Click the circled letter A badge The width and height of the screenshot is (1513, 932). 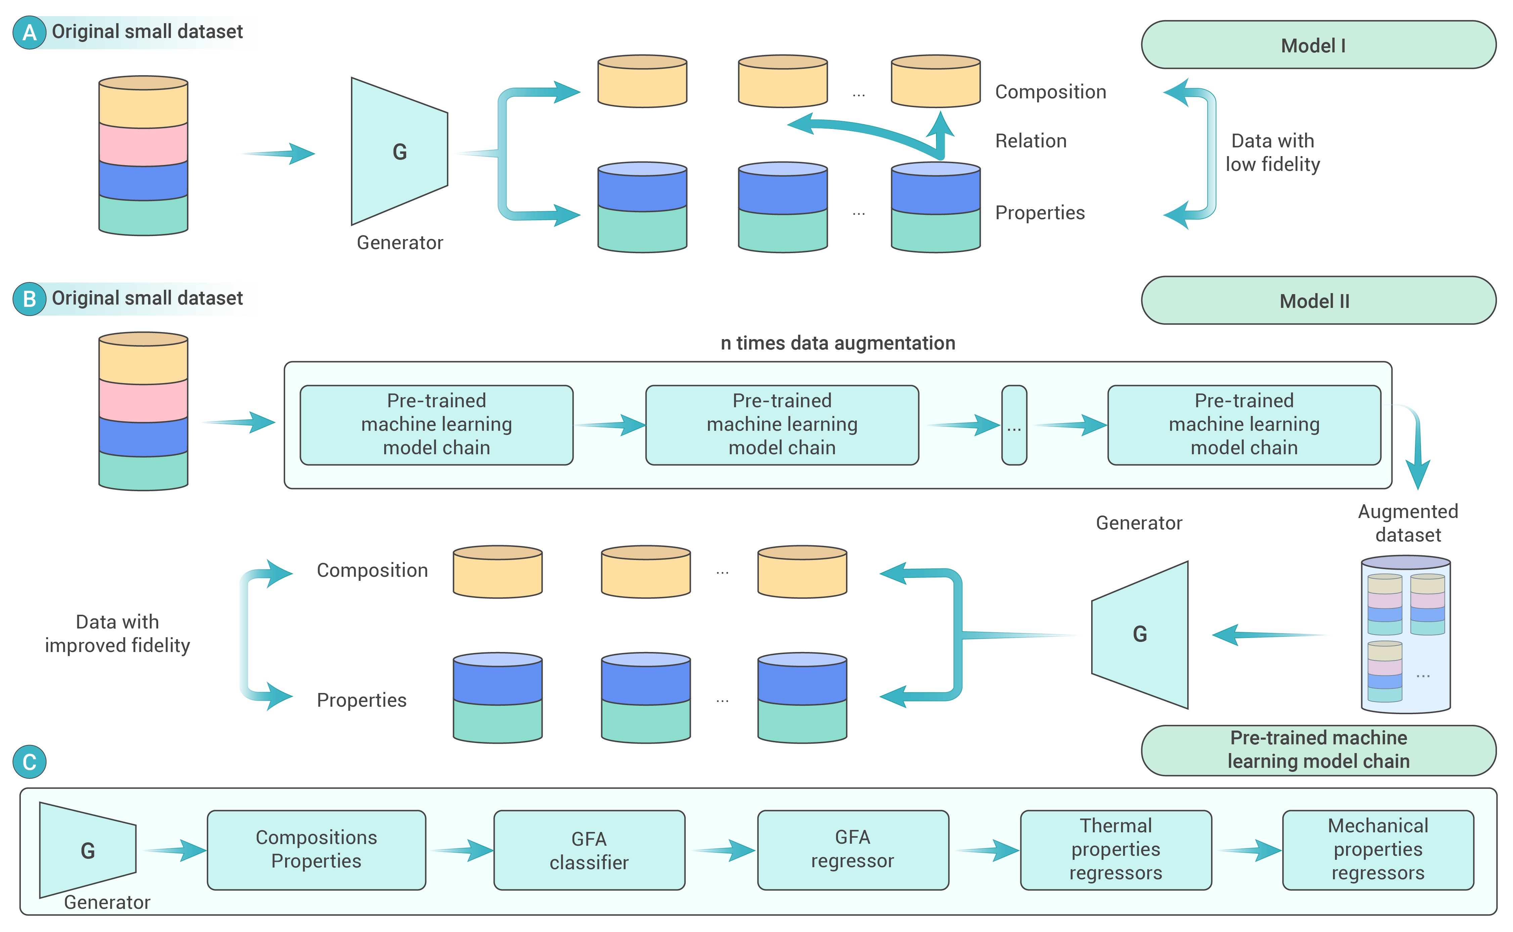pyautogui.click(x=29, y=32)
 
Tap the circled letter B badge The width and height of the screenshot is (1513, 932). pyautogui.click(x=29, y=299)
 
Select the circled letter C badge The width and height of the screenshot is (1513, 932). pyautogui.click(x=29, y=762)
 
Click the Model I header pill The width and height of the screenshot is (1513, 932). pyautogui.click(x=1318, y=45)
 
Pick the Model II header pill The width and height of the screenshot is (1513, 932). pyautogui.click(x=1318, y=301)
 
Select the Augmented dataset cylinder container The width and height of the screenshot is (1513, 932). pyautogui.click(x=1405, y=635)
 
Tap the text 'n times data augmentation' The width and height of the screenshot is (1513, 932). pyautogui.click(x=838, y=343)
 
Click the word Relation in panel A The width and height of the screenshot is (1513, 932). pyautogui.click(x=1030, y=141)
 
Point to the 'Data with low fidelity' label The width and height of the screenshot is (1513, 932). pyautogui.click(x=1273, y=153)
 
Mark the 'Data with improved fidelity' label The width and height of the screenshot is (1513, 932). pyautogui.click(x=117, y=634)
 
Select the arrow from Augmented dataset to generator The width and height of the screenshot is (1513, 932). pyautogui.click(x=1267, y=635)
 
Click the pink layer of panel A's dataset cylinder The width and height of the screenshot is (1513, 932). pyautogui.click(x=143, y=145)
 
